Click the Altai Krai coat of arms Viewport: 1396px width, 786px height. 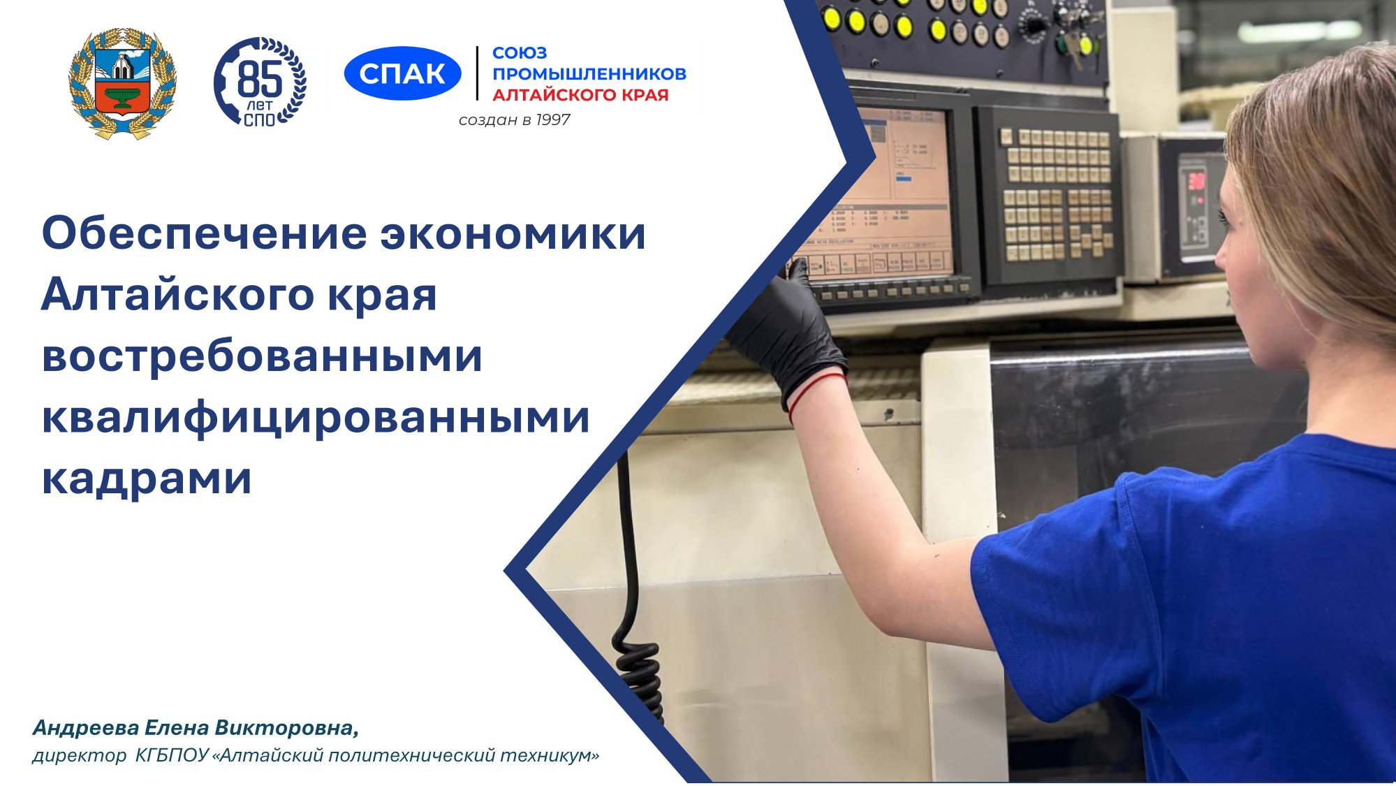coord(122,83)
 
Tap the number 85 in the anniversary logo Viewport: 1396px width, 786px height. coord(260,79)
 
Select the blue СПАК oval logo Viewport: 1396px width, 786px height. coord(402,73)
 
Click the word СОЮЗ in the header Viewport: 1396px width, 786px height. coord(520,53)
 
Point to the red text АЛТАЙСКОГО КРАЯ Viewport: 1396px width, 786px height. coord(580,95)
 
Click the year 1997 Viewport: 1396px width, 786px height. coord(553,120)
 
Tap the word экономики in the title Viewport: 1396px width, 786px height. coord(513,234)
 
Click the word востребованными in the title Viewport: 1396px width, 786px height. coord(262,356)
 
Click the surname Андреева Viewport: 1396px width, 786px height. coord(86,728)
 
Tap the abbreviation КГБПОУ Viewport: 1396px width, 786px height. coord(172,755)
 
